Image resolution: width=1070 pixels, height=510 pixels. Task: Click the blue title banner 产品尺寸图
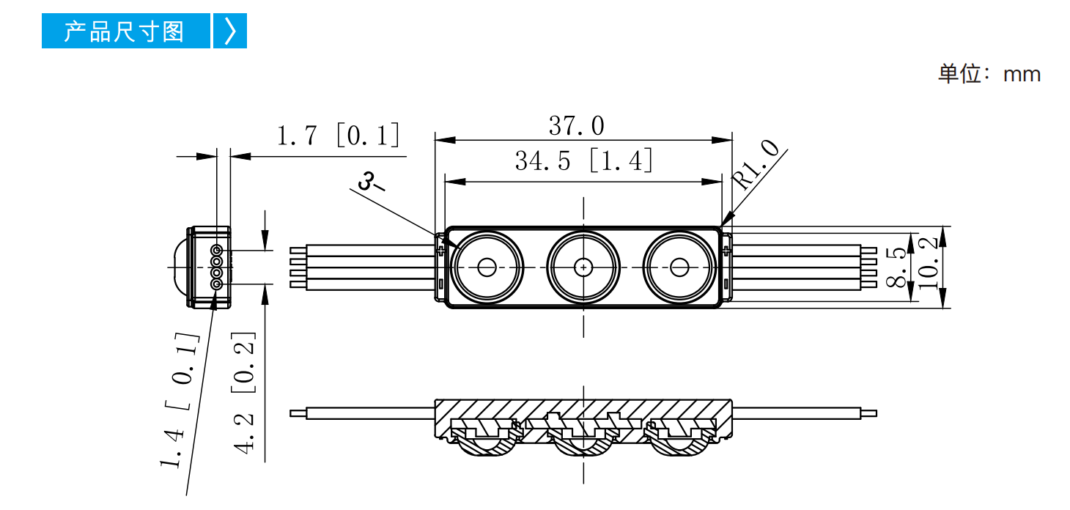(125, 31)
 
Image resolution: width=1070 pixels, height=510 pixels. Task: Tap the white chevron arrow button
(230, 31)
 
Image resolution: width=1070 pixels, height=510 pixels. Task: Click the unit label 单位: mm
(989, 74)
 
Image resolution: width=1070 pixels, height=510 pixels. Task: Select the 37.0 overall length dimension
(577, 125)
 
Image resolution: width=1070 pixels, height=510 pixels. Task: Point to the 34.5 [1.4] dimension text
(583, 160)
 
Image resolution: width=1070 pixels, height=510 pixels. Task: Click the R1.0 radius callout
(755, 164)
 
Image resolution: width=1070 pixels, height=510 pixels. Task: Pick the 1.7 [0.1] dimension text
(338, 135)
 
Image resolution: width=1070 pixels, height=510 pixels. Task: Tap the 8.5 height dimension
(896, 267)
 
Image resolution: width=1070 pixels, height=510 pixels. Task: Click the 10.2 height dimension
(928, 264)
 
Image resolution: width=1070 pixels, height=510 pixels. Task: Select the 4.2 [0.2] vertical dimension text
(243, 393)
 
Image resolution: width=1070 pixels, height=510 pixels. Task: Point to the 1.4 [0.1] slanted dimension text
(180, 399)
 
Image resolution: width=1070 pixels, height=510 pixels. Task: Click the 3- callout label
(371, 182)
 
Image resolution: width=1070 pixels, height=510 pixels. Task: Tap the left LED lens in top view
(487, 267)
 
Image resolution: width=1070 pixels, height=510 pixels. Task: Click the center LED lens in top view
(583, 267)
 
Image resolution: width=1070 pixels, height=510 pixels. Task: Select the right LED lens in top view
(679, 267)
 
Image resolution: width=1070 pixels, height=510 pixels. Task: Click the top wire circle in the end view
(217, 250)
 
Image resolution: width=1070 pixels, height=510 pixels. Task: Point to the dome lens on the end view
(179, 267)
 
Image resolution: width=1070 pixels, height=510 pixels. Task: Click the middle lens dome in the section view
(583, 446)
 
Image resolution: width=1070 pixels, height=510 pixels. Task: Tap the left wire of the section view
(363, 413)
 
